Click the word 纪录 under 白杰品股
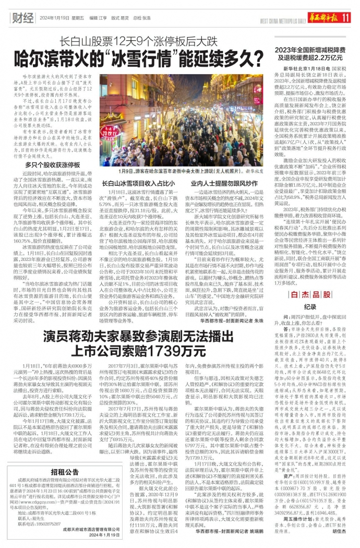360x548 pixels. pyautogui.click(x=310, y=307)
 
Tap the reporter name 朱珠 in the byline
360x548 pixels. pyautogui.click(x=261, y=322)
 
